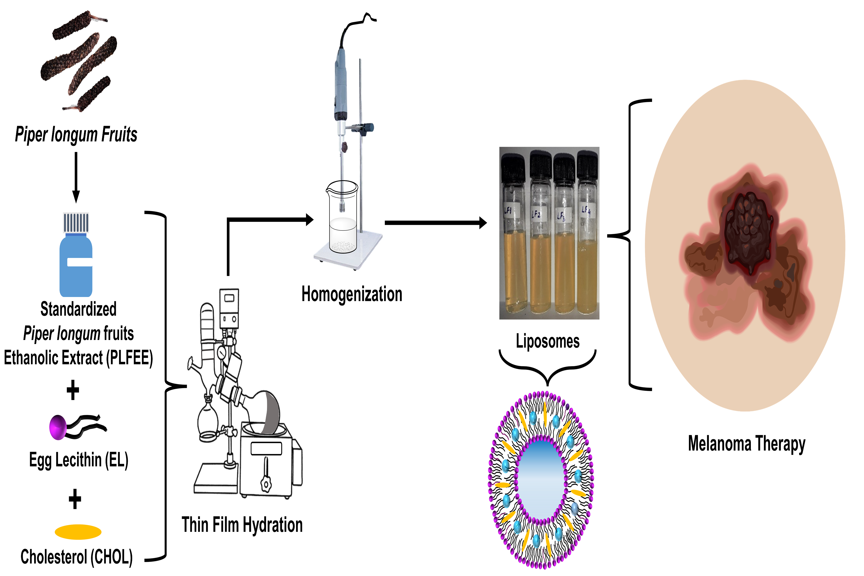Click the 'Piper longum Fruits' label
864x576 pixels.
pyautogui.click(x=76, y=134)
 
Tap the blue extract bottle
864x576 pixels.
pyautogui.click(x=76, y=265)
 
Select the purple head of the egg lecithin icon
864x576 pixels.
pyautogui.click(x=58, y=427)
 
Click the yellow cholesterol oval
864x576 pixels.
pyautogui.click(x=78, y=532)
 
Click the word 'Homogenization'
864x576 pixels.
pyautogui.click(x=352, y=294)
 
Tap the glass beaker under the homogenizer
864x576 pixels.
pyautogui.click(x=342, y=220)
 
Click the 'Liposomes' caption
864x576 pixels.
pyautogui.click(x=547, y=341)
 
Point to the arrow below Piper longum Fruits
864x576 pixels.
pyautogui.click(x=76, y=176)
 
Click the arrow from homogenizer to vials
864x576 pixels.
pyautogui.click(x=435, y=223)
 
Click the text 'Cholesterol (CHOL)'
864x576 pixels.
pyautogui.click(x=76, y=557)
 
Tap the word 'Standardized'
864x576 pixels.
pyautogui.click(x=78, y=309)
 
